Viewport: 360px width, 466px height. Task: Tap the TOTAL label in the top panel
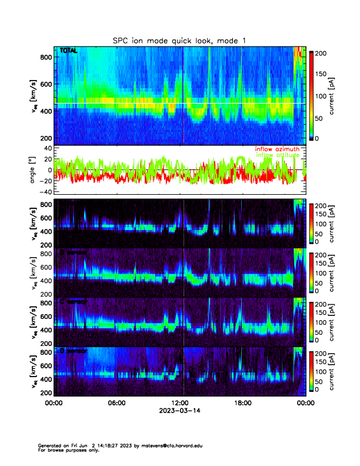tap(68, 51)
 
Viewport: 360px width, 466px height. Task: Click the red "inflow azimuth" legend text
tap(277, 149)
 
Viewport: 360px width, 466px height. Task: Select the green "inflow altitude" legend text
tap(277, 155)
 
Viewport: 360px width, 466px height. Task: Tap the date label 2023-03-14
tap(179, 411)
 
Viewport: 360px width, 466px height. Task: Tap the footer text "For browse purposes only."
tap(64, 451)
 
